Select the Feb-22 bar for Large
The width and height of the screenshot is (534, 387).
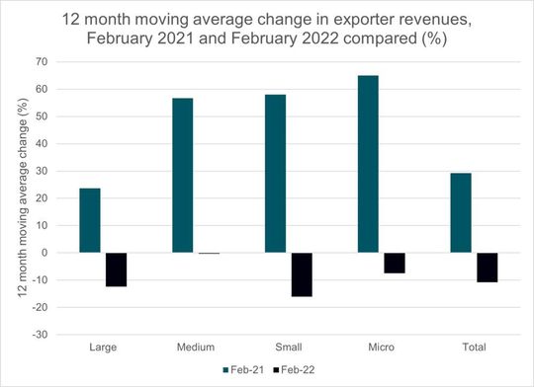[x=116, y=270]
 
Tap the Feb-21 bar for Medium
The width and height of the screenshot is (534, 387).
[x=183, y=176]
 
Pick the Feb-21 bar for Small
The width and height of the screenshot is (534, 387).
[x=276, y=174]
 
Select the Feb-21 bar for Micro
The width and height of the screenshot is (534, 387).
[x=368, y=164]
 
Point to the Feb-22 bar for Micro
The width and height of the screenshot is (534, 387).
[x=395, y=263]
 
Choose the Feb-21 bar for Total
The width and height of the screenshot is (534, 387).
[x=460, y=213]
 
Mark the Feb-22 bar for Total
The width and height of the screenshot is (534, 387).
[x=487, y=268]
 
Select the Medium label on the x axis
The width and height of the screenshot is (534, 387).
[x=195, y=347]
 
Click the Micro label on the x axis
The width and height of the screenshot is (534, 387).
[x=381, y=347]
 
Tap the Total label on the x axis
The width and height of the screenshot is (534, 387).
[x=474, y=347]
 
